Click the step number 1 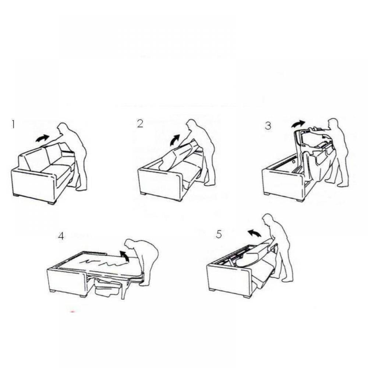pyautogui.click(x=13, y=124)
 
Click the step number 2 pyautogui.click(x=140, y=123)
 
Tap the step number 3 pyautogui.click(x=268, y=125)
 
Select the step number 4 pyautogui.click(x=61, y=236)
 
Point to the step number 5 pyautogui.click(x=219, y=234)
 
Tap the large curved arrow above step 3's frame pyautogui.click(x=298, y=124)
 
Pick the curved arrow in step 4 pyautogui.click(x=124, y=256)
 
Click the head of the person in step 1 pyautogui.click(x=63, y=128)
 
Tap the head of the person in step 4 pyautogui.click(x=130, y=245)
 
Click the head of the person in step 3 pyautogui.click(x=333, y=124)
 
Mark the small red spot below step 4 pyautogui.click(x=72, y=312)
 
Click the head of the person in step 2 pyautogui.click(x=191, y=125)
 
